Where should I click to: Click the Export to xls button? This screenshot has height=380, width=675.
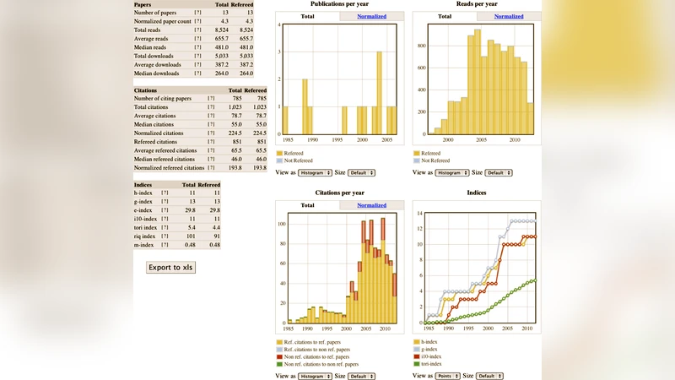click(170, 268)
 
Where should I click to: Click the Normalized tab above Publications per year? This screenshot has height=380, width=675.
click(371, 16)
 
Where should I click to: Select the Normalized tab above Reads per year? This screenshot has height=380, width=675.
click(508, 16)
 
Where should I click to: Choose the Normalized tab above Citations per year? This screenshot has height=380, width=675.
click(371, 205)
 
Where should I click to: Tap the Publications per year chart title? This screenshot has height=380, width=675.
click(340, 4)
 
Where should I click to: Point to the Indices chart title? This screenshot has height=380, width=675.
click(476, 193)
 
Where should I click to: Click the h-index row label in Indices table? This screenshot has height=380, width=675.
click(143, 193)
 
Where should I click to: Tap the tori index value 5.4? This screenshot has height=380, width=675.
click(191, 227)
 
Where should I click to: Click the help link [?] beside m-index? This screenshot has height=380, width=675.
click(165, 244)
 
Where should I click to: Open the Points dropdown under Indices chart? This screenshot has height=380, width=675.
click(447, 376)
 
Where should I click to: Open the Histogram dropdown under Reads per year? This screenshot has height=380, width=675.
click(452, 172)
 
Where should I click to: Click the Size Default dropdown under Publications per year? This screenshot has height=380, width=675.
click(361, 172)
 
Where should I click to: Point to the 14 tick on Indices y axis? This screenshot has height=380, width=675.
click(418, 213)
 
